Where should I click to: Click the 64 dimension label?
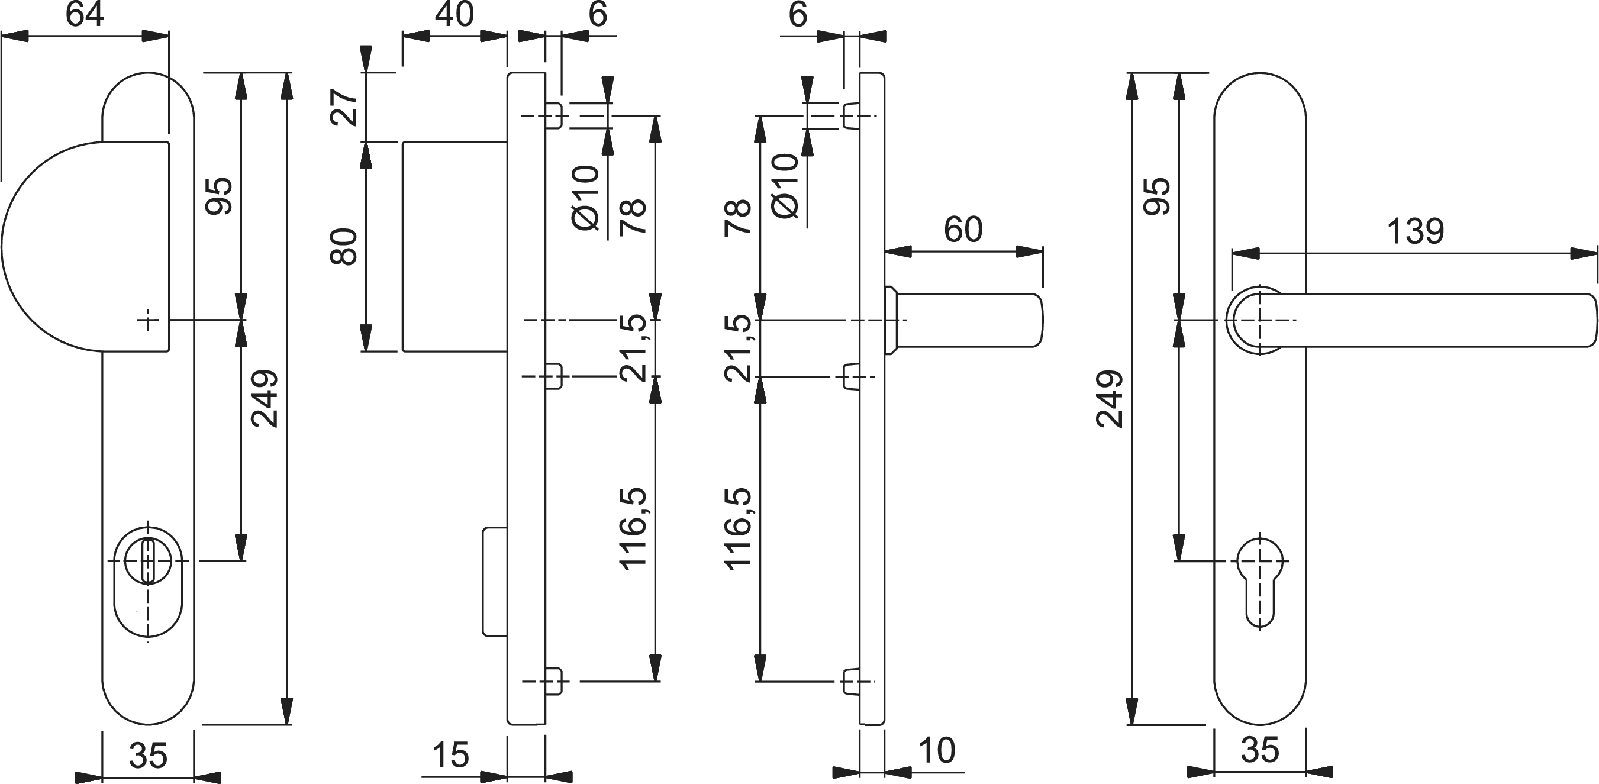pos(85,15)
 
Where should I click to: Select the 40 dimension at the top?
pos(454,14)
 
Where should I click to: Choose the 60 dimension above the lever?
pos(963,230)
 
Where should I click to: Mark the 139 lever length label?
pos(1416,231)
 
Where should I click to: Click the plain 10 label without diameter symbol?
pos(936,751)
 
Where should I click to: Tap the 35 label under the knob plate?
pos(148,756)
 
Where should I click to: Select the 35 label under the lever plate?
pos(1259,750)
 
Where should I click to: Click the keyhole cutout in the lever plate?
pos(1259,580)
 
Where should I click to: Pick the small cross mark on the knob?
pos(148,320)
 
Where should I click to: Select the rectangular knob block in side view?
pos(454,246)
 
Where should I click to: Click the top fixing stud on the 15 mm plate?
pos(555,116)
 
